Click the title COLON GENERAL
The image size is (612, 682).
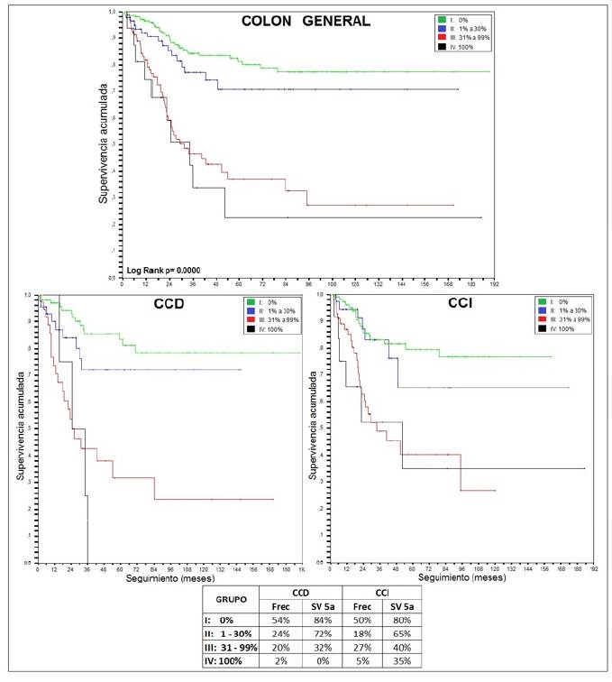tap(306, 22)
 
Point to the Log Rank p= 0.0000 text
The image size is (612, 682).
tap(163, 270)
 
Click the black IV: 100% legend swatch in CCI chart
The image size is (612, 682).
tap(541, 328)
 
